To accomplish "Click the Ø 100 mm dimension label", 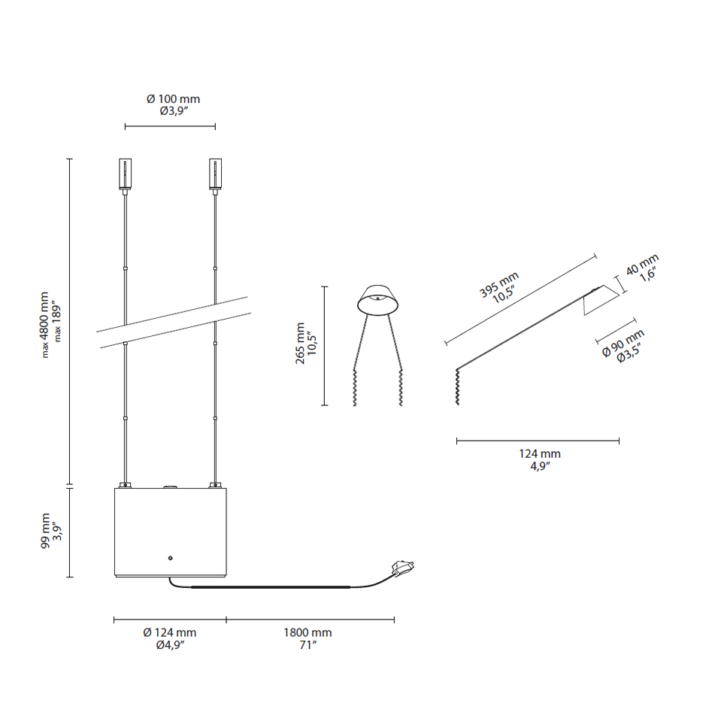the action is tap(173, 99).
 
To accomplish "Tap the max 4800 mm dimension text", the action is tap(44, 325).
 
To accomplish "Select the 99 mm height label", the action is tap(45, 532).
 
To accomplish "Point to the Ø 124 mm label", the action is tap(169, 632).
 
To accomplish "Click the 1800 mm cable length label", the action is tap(307, 632).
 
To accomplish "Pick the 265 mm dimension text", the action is tap(300, 343).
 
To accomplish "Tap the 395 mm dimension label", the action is tap(498, 284).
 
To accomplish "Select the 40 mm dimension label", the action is tap(641, 264).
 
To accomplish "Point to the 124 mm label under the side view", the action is tap(539, 454).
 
